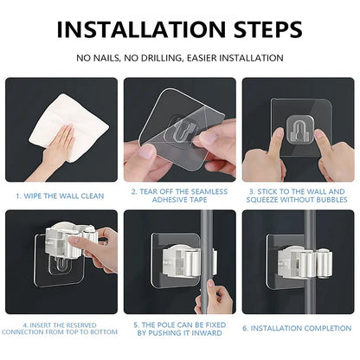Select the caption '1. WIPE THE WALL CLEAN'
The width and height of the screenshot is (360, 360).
coord(61,196)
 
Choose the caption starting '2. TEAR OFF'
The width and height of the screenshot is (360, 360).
coord(180,196)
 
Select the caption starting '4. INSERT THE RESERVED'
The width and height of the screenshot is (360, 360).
coord(61,328)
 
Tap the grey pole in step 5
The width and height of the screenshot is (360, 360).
coord(200,234)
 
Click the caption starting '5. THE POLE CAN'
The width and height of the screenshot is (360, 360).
coord(180,328)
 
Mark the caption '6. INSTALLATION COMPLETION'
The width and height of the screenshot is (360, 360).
coord(298,328)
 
